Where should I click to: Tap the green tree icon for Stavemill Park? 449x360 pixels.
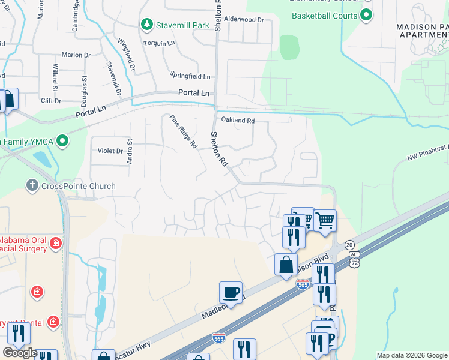[x=146, y=25]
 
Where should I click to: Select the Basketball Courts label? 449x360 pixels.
[x=325, y=16]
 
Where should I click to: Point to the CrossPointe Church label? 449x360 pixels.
[x=78, y=186]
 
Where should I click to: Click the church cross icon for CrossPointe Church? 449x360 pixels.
[x=32, y=186]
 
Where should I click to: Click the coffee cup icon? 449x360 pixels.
[x=231, y=293]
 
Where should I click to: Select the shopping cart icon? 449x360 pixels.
[x=325, y=220]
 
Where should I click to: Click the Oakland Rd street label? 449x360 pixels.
[x=238, y=121]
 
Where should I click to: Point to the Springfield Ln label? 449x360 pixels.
[x=190, y=77]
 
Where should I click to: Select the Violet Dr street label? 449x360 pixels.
[x=110, y=151]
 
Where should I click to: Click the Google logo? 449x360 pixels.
[x=20, y=353]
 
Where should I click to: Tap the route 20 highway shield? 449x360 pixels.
[x=350, y=245]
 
